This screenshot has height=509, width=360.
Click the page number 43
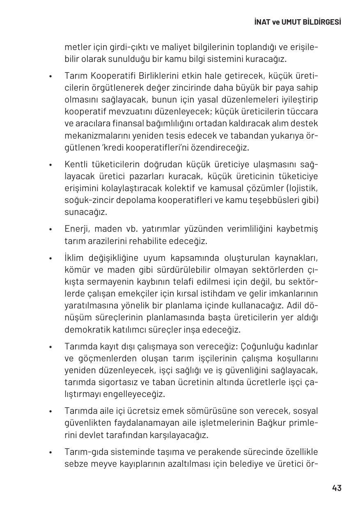[337, 488]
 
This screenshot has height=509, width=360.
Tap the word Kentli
[75, 164]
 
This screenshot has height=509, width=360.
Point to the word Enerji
[76, 229]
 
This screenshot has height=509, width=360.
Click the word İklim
[74, 258]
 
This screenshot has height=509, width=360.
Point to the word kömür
[76, 270]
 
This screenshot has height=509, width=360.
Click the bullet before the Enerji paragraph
[50, 229]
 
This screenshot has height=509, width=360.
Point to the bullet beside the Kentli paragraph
[50, 165]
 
